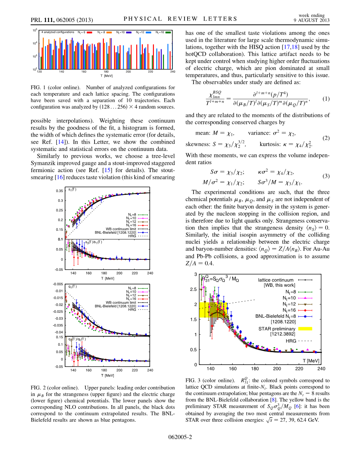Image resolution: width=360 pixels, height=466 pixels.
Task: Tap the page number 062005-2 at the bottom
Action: point(180,437)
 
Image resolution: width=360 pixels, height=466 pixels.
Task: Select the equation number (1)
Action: point(326,99)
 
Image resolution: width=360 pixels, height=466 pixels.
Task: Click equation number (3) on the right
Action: point(326,176)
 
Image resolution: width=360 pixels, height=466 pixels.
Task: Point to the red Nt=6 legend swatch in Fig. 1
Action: point(90,33)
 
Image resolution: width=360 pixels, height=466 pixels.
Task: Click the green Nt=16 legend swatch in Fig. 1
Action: point(168,33)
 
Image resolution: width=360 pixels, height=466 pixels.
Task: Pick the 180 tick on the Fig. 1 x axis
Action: point(106,71)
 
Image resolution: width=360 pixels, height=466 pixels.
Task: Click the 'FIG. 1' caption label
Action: point(38,87)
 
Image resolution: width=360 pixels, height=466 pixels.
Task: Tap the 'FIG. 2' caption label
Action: point(38,388)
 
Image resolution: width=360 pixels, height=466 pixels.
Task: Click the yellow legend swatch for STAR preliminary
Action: point(305,329)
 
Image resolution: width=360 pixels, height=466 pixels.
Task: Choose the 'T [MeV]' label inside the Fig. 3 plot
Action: point(311,360)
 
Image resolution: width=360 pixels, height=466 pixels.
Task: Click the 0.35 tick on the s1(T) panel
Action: point(60,191)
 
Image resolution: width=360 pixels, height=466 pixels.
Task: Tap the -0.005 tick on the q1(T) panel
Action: point(58,284)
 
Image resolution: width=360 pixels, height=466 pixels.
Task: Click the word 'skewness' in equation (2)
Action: point(198,144)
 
